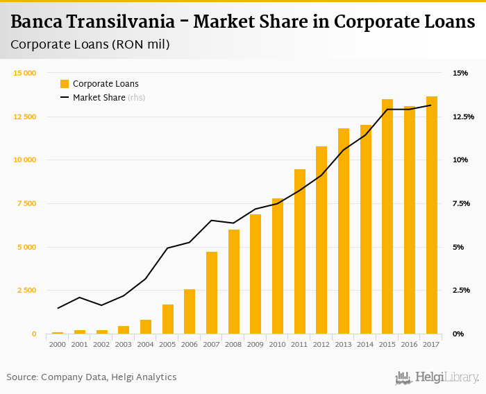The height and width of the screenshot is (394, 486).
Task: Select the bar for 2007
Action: [212, 293]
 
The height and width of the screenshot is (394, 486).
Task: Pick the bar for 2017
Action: [432, 215]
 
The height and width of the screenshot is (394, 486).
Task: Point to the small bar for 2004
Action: [146, 327]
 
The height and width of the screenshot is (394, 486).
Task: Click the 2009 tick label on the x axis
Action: [255, 344]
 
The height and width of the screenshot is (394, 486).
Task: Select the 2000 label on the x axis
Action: [58, 344]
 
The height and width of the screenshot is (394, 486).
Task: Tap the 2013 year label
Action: [344, 344]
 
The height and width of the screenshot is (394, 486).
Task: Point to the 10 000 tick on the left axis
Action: [26, 160]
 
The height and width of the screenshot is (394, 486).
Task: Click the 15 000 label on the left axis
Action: [26, 73]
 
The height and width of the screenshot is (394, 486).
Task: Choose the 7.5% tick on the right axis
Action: [461, 204]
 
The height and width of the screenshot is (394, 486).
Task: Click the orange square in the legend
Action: [65, 84]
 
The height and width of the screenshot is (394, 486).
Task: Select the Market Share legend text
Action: [99, 98]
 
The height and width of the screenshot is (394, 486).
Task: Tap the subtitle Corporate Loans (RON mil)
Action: [90, 44]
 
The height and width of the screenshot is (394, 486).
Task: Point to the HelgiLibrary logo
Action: [437, 377]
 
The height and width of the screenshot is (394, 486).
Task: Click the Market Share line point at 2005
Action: [168, 248]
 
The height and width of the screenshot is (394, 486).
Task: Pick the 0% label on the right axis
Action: [458, 334]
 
